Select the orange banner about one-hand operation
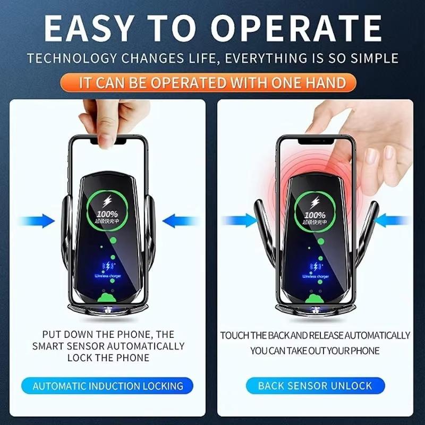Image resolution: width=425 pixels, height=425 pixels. tap(212, 83)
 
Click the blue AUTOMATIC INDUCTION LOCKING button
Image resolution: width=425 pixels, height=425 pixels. tap(108, 386)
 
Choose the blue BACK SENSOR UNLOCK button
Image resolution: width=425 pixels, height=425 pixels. tap(315, 386)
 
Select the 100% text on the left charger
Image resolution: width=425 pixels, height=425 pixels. tap(107, 214)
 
